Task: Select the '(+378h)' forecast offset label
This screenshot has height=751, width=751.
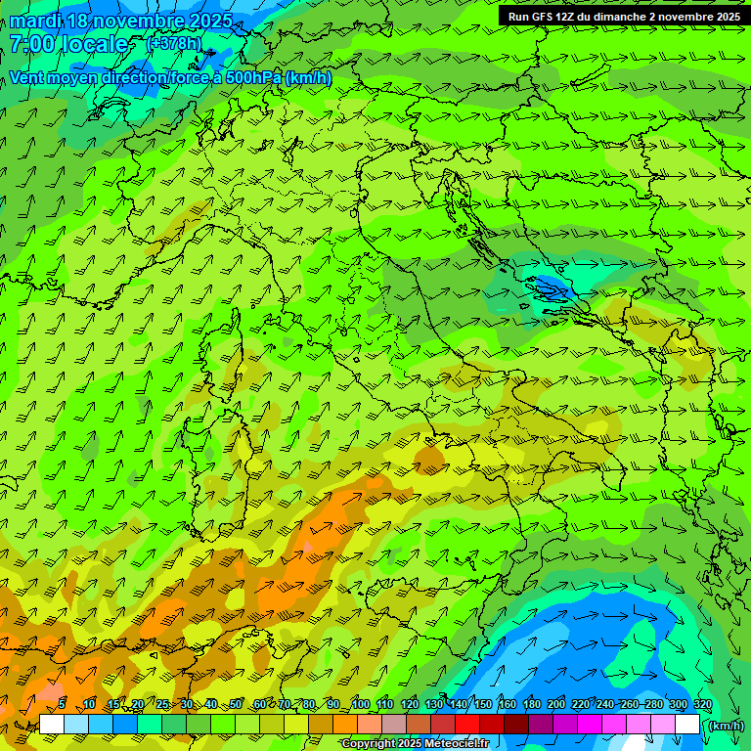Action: point(174,43)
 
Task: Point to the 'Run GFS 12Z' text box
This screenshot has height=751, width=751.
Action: point(623,17)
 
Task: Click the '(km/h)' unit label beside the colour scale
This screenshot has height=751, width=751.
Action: point(725,726)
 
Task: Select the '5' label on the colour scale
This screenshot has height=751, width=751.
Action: point(62,705)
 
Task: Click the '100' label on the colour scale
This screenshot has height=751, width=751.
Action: point(361,705)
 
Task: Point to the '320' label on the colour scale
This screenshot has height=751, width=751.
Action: point(702,705)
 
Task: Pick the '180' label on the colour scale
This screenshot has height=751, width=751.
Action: point(532,705)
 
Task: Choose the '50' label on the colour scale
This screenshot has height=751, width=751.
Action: point(236,705)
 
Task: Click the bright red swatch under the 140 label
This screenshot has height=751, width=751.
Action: point(467,725)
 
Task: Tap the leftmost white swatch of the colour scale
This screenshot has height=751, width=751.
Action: point(52,725)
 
